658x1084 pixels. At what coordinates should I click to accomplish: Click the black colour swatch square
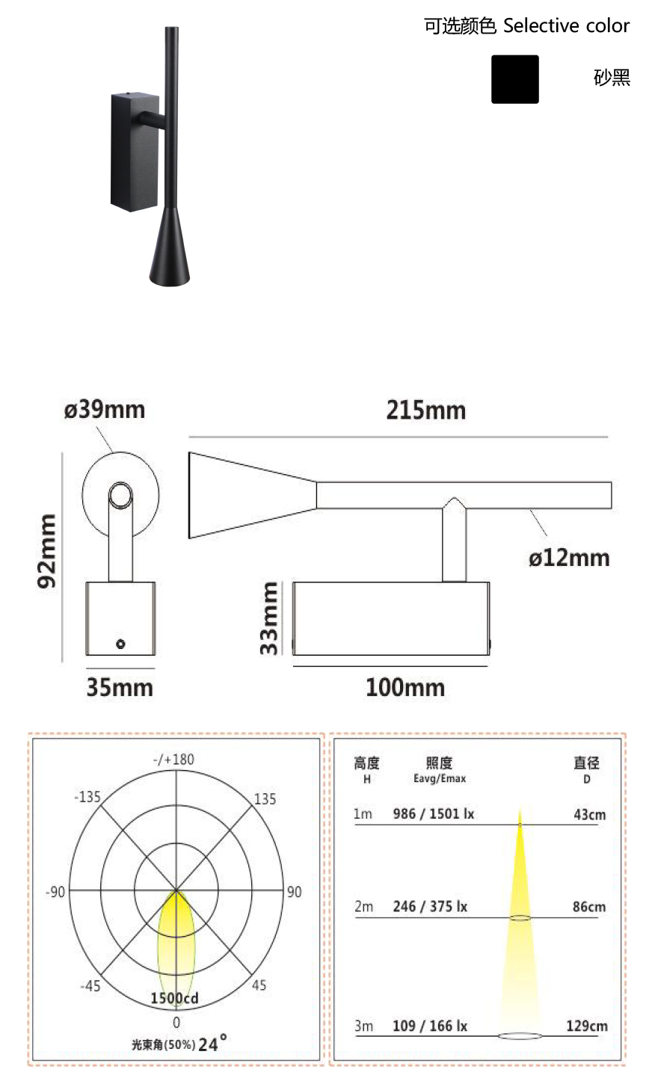point(514,79)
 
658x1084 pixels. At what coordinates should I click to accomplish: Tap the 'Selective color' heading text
point(566,25)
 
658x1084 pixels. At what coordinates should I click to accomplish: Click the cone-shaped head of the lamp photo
point(170,246)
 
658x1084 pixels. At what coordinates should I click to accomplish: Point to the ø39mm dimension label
point(105,410)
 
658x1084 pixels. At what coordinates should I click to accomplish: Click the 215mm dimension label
point(426,410)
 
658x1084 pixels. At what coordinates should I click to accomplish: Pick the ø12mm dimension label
point(569,558)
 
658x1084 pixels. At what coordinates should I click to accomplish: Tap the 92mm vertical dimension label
point(46,551)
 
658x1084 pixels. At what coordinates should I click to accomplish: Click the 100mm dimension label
point(405,688)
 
